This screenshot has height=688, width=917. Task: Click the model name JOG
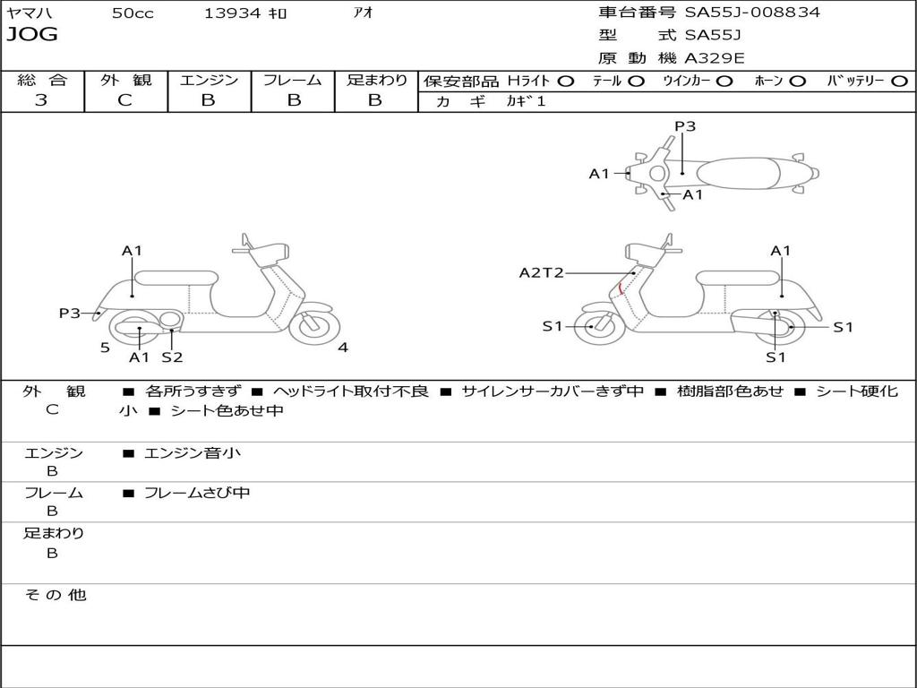pyautogui.click(x=32, y=35)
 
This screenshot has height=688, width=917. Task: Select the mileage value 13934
pyautogui.click(x=232, y=13)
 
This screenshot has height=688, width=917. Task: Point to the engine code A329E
pyautogui.click(x=714, y=58)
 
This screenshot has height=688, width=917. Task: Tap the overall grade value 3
pyautogui.click(x=41, y=100)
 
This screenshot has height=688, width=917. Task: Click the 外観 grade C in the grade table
pyautogui.click(x=125, y=100)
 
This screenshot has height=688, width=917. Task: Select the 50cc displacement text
pyautogui.click(x=133, y=13)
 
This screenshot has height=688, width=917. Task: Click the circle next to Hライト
pyautogui.click(x=566, y=82)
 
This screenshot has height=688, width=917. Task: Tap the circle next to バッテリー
pyautogui.click(x=900, y=82)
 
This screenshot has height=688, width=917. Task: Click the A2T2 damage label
pyautogui.click(x=541, y=272)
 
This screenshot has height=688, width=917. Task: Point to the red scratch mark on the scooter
pyautogui.click(x=621, y=288)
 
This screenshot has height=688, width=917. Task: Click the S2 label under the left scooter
pyautogui.click(x=172, y=357)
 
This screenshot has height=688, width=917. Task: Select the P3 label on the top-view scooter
pyautogui.click(x=685, y=126)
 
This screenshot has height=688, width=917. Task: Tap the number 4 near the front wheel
pyautogui.click(x=343, y=348)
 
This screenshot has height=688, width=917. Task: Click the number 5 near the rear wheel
pyautogui.click(x=105, y=348)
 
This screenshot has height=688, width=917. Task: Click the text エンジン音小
pyautogui.click(x=193, y=453)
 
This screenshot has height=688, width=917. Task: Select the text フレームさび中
pyautogui.click(x=197, y=493)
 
